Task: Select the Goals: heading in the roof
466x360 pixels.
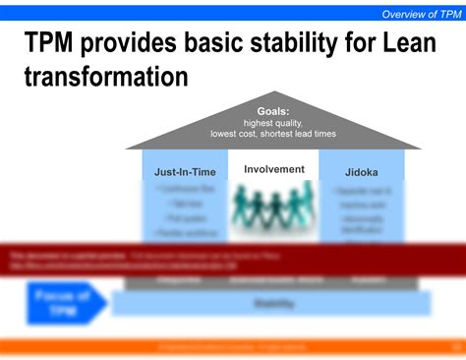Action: pyautogui.click(x=272, y=111)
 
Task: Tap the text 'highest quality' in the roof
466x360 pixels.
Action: pyautogui.click(x=272, y=123)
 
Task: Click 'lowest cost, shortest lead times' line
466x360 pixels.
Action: pyautogui.click(x=272, y=134)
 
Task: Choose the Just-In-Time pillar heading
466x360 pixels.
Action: pyautogui.click(x=184, y=172)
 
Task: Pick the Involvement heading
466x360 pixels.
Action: pyautogui.click(x=273, y=169)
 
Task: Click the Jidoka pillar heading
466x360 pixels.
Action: pyautogui.click(x=362, y=172)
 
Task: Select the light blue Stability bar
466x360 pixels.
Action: pyautogui.click(x=272, y=304)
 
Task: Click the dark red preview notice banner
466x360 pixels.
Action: pyautogui.click(x=233, y=260)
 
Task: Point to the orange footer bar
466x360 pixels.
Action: pyautogui.click(x=233, y=345)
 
